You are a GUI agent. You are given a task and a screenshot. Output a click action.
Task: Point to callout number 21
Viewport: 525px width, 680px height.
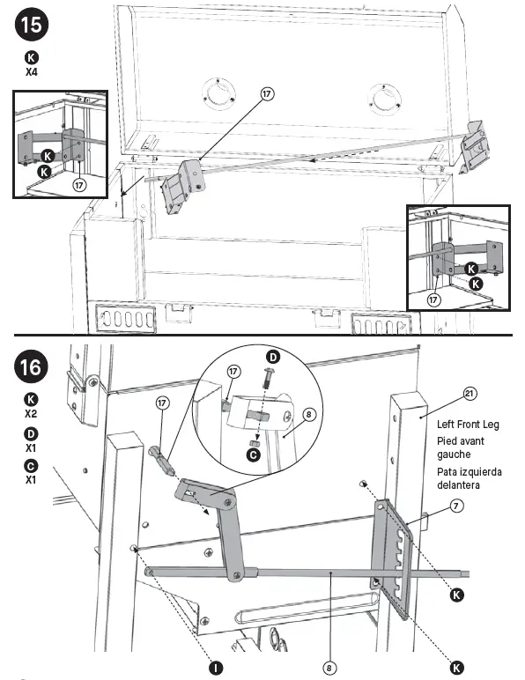(467, 394)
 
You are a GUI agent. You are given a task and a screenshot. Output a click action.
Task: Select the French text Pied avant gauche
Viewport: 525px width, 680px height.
(459, 447)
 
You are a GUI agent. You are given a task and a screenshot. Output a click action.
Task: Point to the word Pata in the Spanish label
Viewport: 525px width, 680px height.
(449, 472)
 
